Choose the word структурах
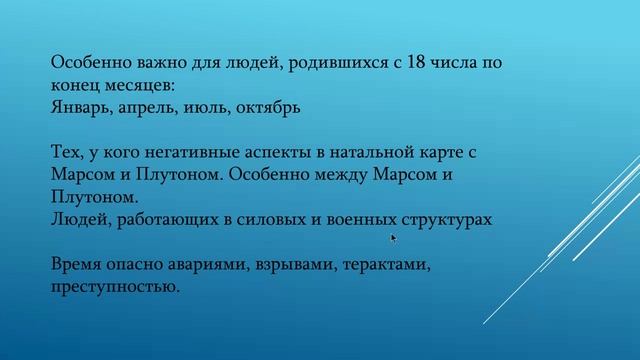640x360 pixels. point(441,217)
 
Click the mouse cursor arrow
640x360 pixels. point(393,238)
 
